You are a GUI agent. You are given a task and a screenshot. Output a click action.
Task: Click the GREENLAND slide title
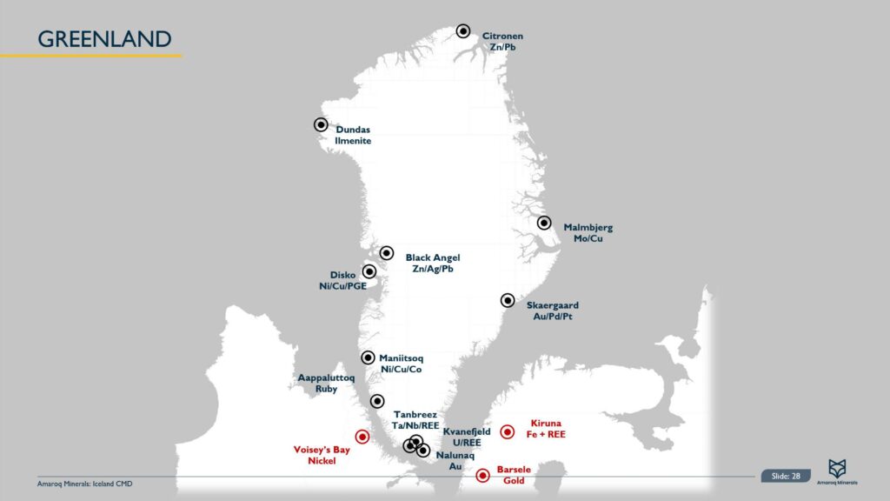[x=104, y=38]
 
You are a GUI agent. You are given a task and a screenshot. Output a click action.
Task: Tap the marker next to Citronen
[x=463, y=31]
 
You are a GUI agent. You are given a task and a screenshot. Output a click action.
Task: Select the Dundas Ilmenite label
[x=353, y=135]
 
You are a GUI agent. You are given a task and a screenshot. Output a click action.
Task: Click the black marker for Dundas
[x=322, y=124]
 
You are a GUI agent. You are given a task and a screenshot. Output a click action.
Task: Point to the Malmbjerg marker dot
[x=544, y=223]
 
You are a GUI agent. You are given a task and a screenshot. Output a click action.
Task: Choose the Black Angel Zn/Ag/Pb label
[x=432, y=263]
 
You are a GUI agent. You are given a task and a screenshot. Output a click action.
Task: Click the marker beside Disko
[x=369, y=271]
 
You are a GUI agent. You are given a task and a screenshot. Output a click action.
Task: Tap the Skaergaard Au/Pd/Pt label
[x=553, y=311]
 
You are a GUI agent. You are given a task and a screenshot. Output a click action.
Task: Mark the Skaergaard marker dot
[x=508, y=300]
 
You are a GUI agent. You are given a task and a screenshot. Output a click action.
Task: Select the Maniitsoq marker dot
[x=369, y=357]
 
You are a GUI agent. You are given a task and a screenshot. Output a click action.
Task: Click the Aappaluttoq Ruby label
[x=326, y=384]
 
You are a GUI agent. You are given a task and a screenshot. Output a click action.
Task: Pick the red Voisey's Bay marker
[x=362, y=437]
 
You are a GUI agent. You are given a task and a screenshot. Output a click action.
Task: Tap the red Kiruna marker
[x=508, y=430]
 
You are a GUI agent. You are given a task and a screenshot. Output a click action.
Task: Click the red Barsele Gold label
[x=514, y=475]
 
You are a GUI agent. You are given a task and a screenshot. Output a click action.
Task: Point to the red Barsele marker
[x=482, y=475]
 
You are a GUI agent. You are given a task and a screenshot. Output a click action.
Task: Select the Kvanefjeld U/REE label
[x=467, y=437]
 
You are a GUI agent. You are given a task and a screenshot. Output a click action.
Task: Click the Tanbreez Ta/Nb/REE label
[x=415, y=420]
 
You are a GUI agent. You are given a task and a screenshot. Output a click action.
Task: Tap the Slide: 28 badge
[x=787, y=476]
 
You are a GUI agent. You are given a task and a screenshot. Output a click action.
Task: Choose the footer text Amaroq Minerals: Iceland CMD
[x=84, y=483]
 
